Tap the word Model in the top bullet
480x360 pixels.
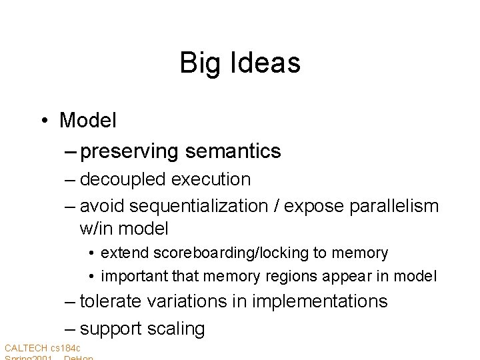pyautogui.click(x=88, y=121)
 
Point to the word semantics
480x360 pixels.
pyautogui.click(x=233, y=152)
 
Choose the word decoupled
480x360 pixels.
pyautogui.click(x=123, y=179)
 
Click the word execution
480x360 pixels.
pyautogui.click(x=211, y=179)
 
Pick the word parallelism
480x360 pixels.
pyautogui.click(x=393, y=206)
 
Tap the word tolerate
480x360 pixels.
pyautogui.click(x=110, y=301)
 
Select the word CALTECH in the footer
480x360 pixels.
pyautogui.click(x=25, y=348)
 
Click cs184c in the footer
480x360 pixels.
pyautogui.click(x=65, y=348)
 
